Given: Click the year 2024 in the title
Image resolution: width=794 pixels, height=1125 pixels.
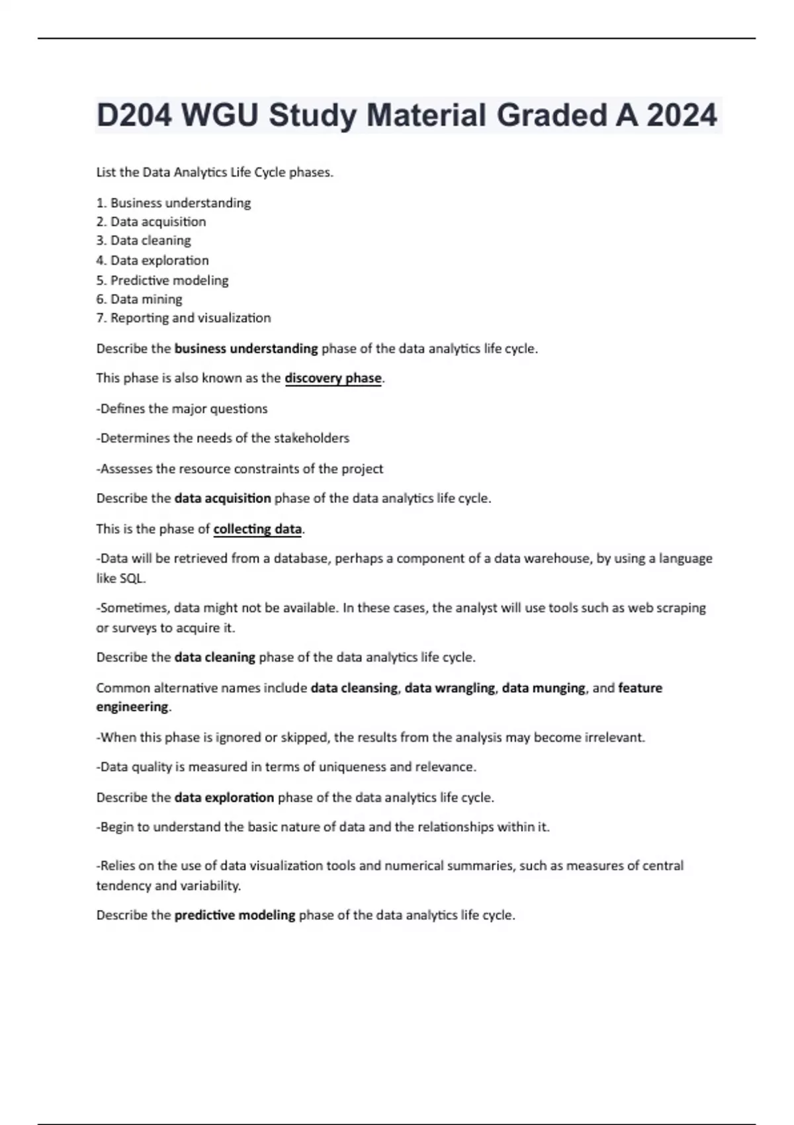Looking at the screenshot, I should point(682,116).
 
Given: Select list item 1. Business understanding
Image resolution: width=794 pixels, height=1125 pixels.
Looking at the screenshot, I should point(173,203).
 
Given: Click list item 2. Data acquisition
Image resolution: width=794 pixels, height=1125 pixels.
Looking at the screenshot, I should point(151,222).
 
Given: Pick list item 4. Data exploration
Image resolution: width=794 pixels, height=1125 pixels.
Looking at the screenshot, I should point(152,261).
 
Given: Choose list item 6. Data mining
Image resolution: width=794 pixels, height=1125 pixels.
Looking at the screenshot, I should point(139,299).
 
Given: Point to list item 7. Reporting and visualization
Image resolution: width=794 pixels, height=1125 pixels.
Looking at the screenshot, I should point(183,318).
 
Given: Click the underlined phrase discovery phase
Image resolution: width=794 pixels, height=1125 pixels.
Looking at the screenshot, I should point(333,379).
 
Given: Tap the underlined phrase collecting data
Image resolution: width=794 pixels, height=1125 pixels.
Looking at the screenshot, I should point(257,529).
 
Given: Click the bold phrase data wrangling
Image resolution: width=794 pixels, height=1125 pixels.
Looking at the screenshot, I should point(449,688).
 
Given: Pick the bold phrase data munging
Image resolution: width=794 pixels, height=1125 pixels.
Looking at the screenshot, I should point(543,688).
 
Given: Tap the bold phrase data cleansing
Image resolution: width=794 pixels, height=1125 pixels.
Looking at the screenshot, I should point(354,688).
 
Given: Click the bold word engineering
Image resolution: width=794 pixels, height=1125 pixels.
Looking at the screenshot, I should point(132,707).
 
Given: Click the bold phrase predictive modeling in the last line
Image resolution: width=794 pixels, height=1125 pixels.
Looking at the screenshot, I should point(235,915).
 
